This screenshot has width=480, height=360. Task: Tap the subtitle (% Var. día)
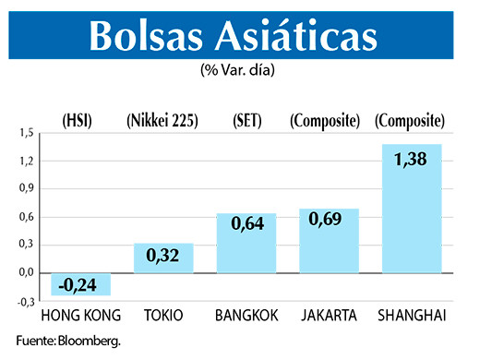(x=239, y=71)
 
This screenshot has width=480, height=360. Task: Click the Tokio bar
(x=164, y=258)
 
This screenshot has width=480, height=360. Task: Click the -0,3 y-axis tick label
(x=25, y=301)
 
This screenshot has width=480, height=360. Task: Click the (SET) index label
(x=246, y=120)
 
